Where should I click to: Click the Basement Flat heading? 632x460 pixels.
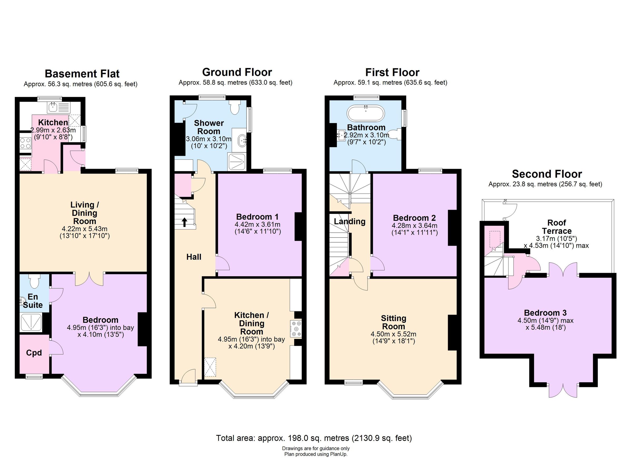coord(82,74)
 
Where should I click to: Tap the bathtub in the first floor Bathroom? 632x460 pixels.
coord(366,113)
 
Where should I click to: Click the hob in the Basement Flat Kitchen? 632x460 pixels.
coord(25,143)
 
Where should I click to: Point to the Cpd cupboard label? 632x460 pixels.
coord(34,353)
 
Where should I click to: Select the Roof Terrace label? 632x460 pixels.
coord(556,227)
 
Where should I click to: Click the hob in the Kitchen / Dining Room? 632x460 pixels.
coord(296,329)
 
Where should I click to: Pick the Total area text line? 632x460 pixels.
coord(314,438)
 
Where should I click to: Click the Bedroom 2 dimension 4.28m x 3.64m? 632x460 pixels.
coord(414,225)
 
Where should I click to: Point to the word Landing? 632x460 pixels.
coord(349,221)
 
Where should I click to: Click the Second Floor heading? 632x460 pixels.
coord(547,174)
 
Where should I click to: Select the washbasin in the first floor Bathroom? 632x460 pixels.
coord(341,135)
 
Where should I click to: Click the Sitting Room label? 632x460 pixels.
coord(393,322)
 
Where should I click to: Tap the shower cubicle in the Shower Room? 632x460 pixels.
coord(237,162)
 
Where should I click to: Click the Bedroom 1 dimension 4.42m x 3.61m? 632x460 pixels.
coord(258,224)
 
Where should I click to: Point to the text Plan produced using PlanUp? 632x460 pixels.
coord(316,454)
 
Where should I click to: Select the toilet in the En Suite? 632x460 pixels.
coord(34,281)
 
